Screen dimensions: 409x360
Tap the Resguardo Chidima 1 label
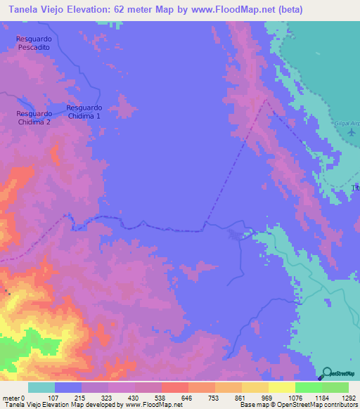[84, 111]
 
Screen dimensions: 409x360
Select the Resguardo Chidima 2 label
[34, 117]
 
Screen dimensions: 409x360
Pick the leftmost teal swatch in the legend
[41, 387]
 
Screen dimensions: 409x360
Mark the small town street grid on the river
[234, 235]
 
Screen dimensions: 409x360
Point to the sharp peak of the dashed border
[266, 100]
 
